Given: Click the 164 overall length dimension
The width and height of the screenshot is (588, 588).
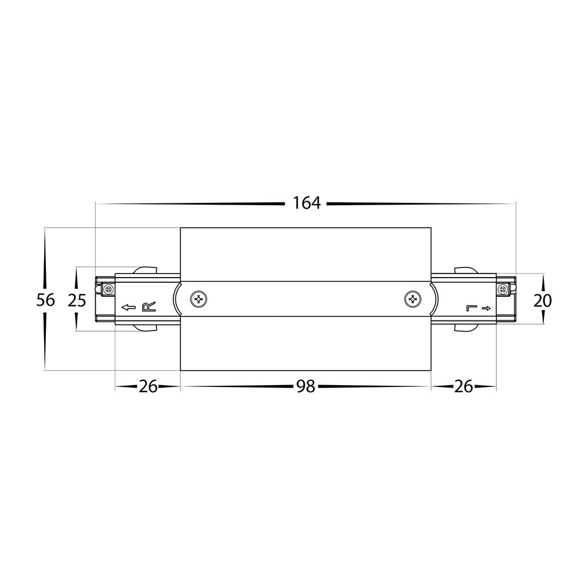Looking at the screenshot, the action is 307,203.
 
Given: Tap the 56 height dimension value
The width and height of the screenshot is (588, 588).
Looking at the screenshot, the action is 45,300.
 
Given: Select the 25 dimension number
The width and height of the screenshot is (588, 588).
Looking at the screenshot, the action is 77,300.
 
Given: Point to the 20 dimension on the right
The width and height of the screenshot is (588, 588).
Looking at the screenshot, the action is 542,300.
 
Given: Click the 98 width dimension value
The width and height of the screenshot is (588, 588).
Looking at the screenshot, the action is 306,387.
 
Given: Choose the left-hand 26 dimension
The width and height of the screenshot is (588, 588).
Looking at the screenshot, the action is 148,387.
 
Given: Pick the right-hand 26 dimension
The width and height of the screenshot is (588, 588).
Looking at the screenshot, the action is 463,387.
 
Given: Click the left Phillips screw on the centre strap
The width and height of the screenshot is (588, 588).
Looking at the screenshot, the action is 198,299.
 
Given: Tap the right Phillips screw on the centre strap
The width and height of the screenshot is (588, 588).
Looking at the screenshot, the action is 413,299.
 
